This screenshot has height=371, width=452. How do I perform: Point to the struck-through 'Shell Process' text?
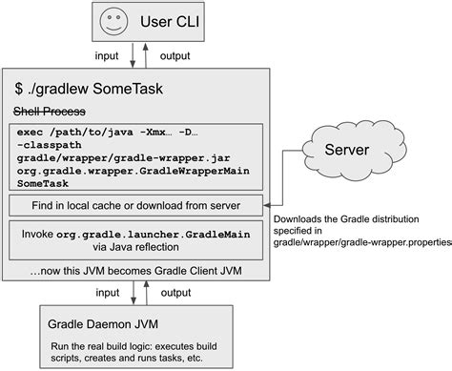pyautogui.click(x=54, y=109)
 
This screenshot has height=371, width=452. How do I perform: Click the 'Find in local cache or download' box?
pyautogui.click(x=136, y=205)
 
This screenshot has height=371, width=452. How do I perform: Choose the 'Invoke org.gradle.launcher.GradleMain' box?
pyautogui.click(x=136, y=237)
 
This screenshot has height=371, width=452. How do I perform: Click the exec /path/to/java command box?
pyautogui.click(x=136, y=155)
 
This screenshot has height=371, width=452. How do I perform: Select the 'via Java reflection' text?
pyautogui.click(x=136, y=244)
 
